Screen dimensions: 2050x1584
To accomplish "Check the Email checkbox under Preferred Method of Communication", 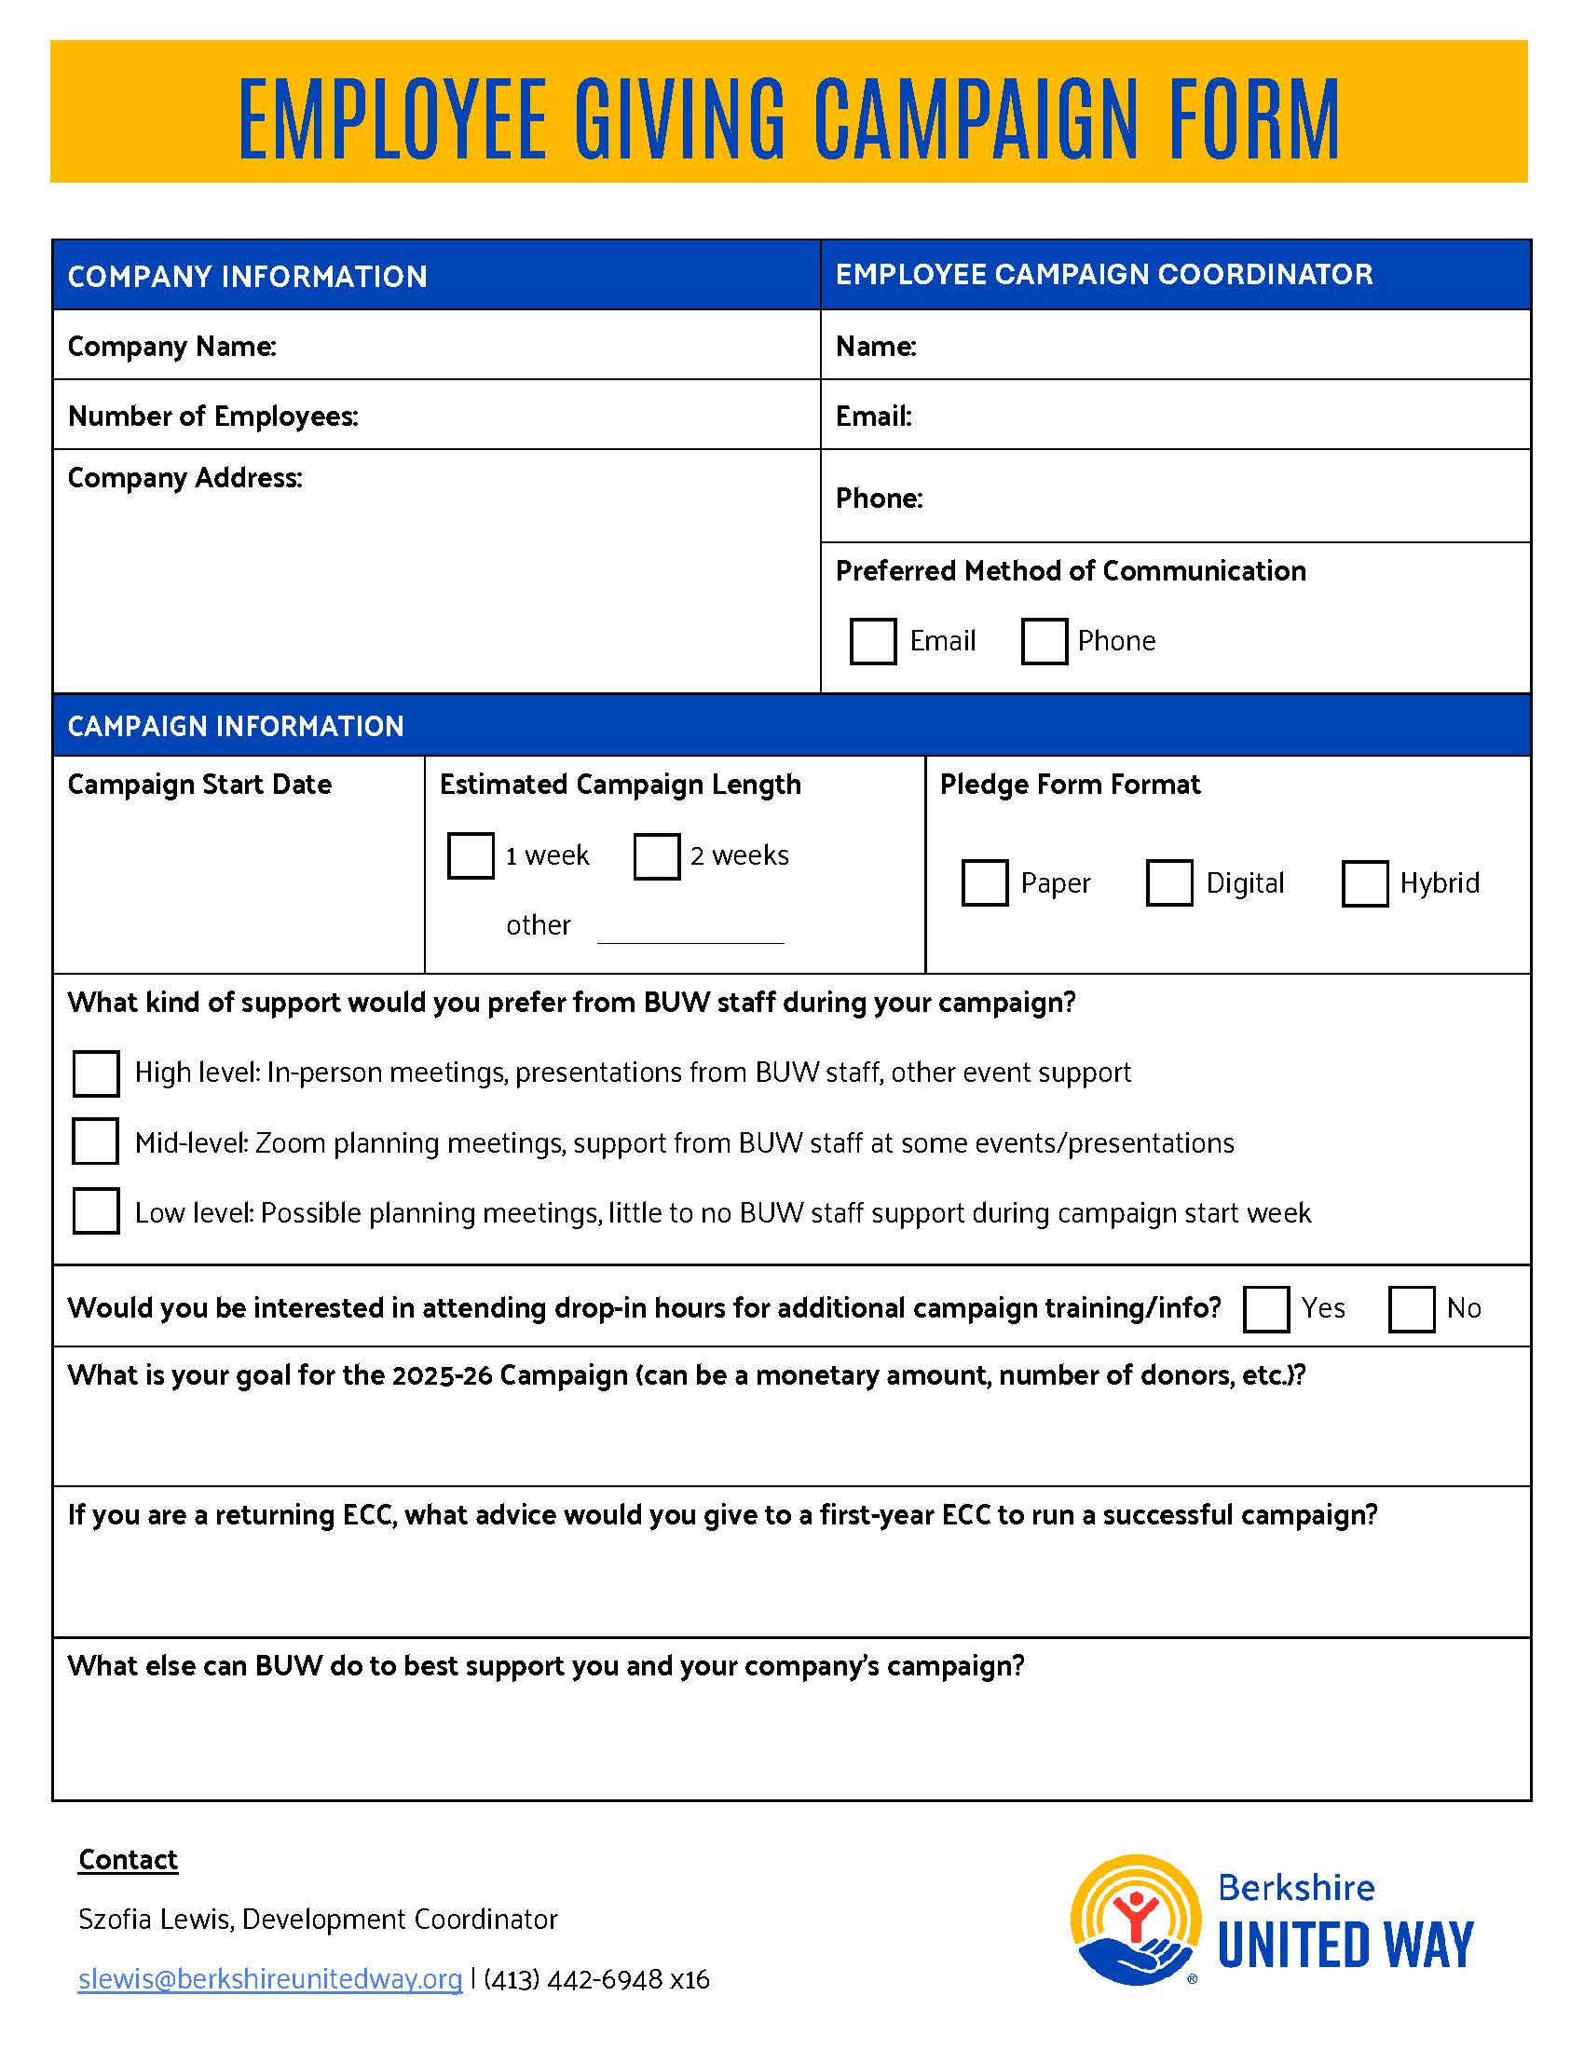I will (872, 641).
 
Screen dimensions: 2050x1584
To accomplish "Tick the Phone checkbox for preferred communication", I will (1044, 641).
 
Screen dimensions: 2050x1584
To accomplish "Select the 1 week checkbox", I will (471, 855).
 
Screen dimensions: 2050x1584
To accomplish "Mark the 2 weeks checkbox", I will (656, 855).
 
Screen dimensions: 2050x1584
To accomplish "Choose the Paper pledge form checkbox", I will (984, 882).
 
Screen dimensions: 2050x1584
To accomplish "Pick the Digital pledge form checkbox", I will (1168, 882).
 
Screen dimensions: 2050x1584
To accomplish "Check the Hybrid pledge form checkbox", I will (1364, 882).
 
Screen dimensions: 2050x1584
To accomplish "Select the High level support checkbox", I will (96, 1073).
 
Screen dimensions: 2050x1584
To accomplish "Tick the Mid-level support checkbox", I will (96, 1141).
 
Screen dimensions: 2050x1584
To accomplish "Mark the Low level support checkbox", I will (96, 1209).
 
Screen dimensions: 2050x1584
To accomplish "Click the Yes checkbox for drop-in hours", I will (1265, 1308).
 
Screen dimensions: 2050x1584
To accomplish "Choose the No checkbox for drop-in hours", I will (1412, 1308).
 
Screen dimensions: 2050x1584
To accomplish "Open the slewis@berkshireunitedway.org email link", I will (270, 1979).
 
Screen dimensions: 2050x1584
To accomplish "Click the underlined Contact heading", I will (128, 1860).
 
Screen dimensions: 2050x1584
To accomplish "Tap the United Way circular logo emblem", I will (1136, 1920).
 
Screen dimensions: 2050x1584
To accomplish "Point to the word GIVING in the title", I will (679, 119).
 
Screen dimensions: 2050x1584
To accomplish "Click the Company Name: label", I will (171, 347).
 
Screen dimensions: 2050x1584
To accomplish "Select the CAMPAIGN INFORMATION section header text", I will (236, 726).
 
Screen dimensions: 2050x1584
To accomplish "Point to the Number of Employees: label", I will (213, 416).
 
